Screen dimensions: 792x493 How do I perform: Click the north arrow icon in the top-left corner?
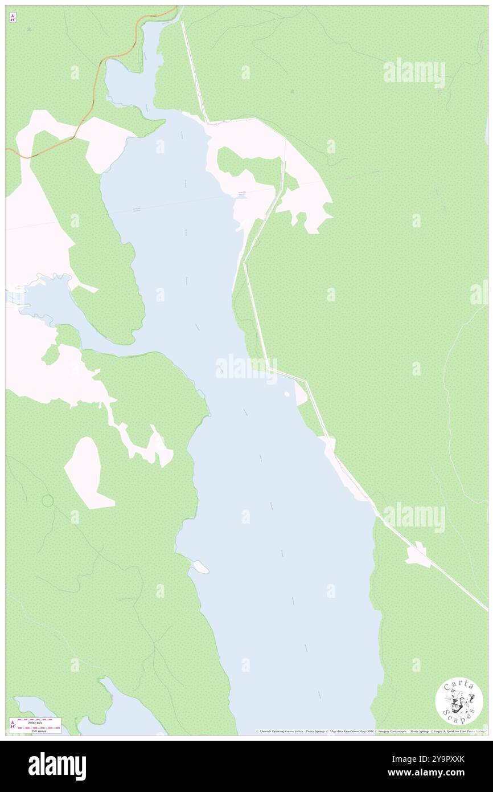point(13,18)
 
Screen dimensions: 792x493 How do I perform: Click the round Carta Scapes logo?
point(459,702)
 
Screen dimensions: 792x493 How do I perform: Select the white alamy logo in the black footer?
point(57,766)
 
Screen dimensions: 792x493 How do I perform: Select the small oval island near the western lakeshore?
point(200,567)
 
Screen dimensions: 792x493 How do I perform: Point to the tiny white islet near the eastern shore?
point(287,394)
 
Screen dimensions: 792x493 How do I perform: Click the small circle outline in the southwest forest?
point(48,501)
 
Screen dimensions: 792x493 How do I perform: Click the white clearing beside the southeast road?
point(418,556)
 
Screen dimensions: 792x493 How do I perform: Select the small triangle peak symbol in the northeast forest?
point(293,91)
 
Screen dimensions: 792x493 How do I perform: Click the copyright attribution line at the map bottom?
point(370,731)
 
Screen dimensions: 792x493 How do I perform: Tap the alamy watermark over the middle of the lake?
point(246,368)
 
